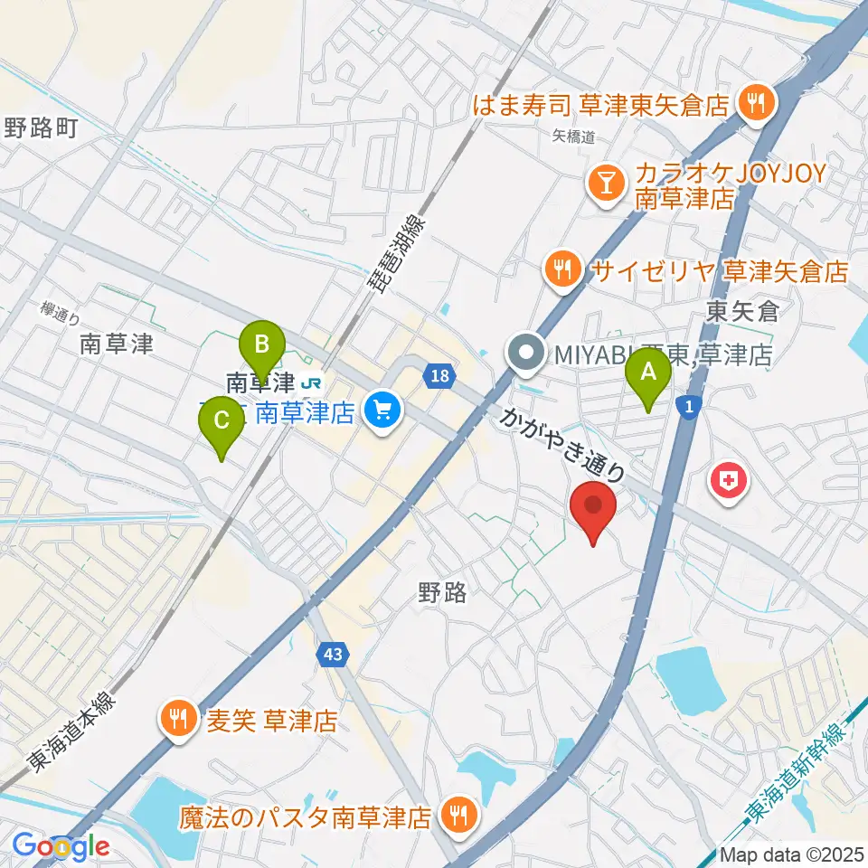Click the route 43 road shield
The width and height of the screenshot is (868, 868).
point(332,655)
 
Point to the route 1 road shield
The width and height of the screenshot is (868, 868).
point(689,409)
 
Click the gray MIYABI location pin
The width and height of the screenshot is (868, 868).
point(526,353)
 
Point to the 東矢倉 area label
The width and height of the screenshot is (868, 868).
point(742,313)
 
